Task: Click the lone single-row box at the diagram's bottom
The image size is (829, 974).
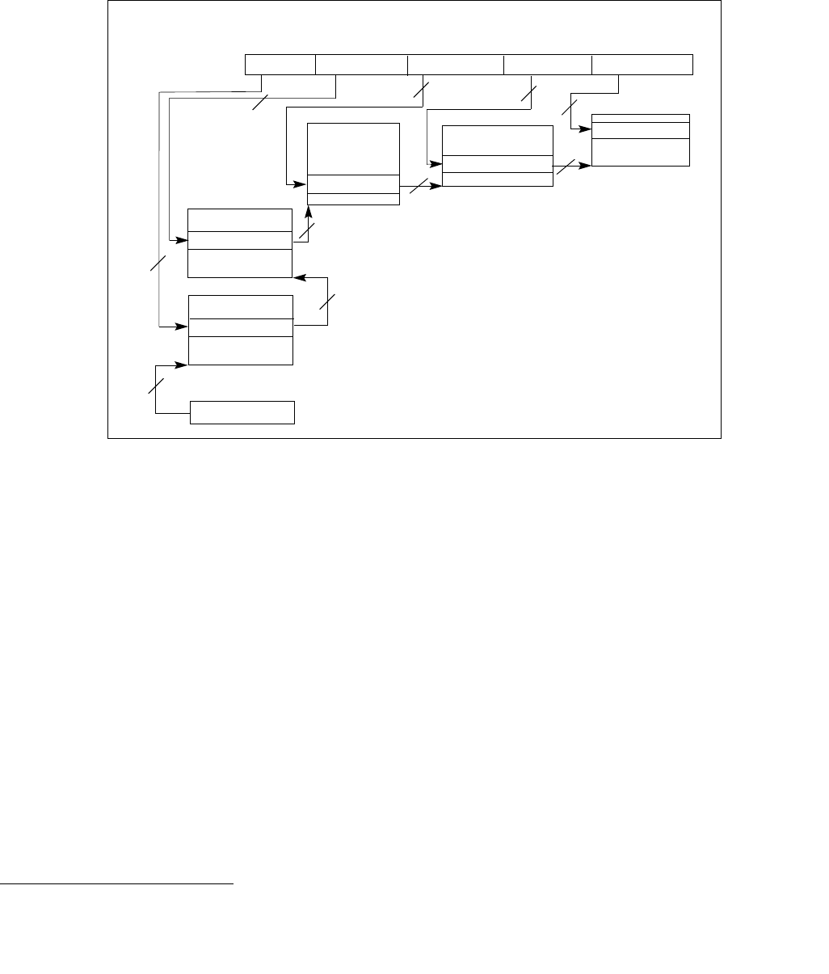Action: pos(242,412)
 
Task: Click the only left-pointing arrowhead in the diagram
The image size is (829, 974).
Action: pos(297,277)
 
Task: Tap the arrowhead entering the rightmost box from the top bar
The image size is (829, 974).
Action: pos(587,128)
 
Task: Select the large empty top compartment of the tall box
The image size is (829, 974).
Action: pos(354,148)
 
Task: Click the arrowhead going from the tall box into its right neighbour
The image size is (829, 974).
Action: pos(437,186)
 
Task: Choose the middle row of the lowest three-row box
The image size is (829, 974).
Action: pos(240,327)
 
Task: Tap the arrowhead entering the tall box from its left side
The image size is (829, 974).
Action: pos(302,184)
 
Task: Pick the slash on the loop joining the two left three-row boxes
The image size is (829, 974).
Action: pos(326,302)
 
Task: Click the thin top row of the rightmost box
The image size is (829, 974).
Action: pos(641,118)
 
